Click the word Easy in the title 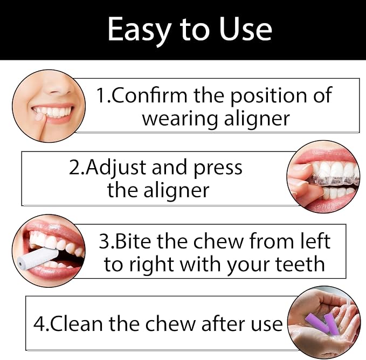coord(139,30)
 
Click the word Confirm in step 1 coord(150,95)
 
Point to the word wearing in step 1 coord(180,120)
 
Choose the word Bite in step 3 coord(133,241)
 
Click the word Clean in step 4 coord(77,323)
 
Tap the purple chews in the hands coord(323,322)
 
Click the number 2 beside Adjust coord(75,167)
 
